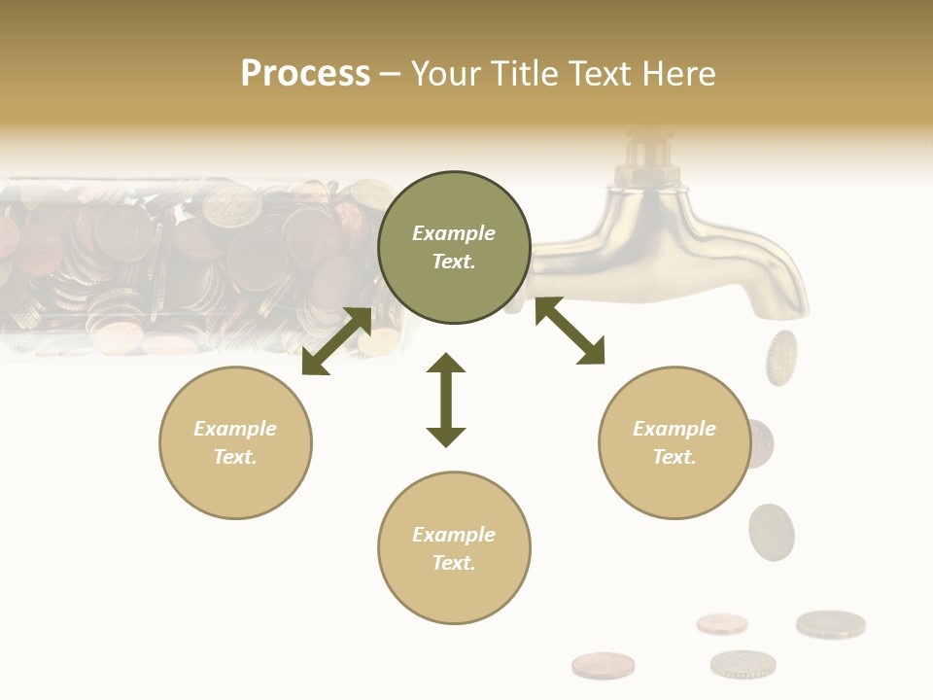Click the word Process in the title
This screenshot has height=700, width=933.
(x=305, y=74)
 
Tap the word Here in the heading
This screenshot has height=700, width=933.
(x=678, y=74)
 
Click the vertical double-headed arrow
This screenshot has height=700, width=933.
(x=446, y=400)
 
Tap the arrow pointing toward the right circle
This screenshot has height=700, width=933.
(x=570, y=331)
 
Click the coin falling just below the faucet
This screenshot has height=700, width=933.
(x=780, y=357)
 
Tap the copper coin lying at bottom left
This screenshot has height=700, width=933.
(x=603, y=665)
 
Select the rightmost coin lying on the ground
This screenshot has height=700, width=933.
(x=830, y=623)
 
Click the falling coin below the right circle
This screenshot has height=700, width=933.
(x=772, y=532)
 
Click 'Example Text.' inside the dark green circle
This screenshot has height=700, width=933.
(x=454, y=247)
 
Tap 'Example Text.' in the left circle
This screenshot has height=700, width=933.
(x=235, y=442)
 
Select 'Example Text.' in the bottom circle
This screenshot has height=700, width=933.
(x=454, y=548)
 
